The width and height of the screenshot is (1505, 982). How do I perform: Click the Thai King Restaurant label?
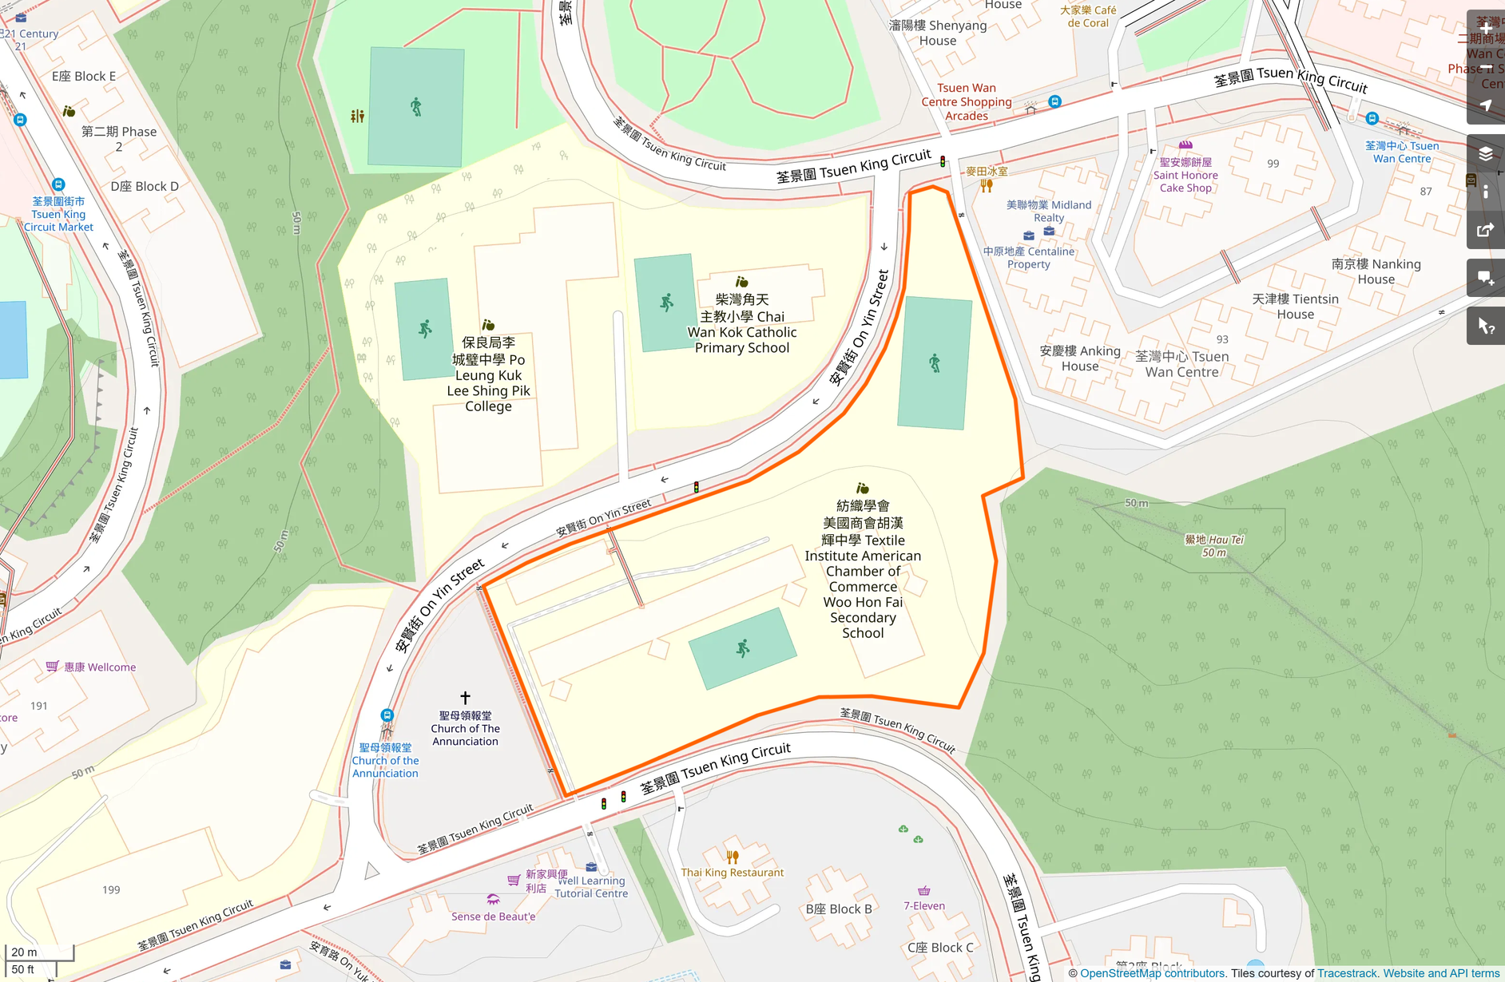(x=732, y=872)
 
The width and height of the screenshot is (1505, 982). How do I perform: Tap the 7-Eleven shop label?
(x=924, y=905)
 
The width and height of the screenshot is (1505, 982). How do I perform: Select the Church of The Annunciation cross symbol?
(x=465, y=698)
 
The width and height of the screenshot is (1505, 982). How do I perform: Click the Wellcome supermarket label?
(x=100, y=667)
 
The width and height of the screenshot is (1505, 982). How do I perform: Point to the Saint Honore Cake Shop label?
(x=1185, y=175)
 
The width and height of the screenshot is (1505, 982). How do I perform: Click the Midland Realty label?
(x=1049, y=211)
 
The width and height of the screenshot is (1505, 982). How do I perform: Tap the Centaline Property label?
(x=1029, y=257)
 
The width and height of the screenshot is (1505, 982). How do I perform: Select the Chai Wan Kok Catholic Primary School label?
(x=742, y=323)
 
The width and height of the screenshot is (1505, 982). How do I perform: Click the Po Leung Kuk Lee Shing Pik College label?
(x=488, y=374)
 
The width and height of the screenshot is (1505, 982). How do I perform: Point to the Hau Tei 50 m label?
(x=1213, y=545)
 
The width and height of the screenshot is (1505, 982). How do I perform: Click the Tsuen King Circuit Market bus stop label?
(x=58, y=214)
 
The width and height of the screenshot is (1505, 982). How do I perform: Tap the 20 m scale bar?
(x=38, y=952)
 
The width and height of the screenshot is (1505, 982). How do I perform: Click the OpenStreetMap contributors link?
(x=1152, y=973)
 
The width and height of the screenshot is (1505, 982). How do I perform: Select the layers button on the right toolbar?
(x=1485, y=154)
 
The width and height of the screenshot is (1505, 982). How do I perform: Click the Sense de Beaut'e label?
(x=493, y=917)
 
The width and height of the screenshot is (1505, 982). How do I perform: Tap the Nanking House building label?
(x=1376, y=271)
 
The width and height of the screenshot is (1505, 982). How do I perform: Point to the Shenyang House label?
(x=938, y=33)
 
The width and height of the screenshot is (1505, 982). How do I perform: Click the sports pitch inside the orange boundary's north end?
(x=935, y=364)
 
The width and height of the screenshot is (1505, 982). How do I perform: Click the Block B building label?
(x=839, y=909)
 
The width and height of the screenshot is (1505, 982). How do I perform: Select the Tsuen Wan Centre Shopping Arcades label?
(x=967, y=101)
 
